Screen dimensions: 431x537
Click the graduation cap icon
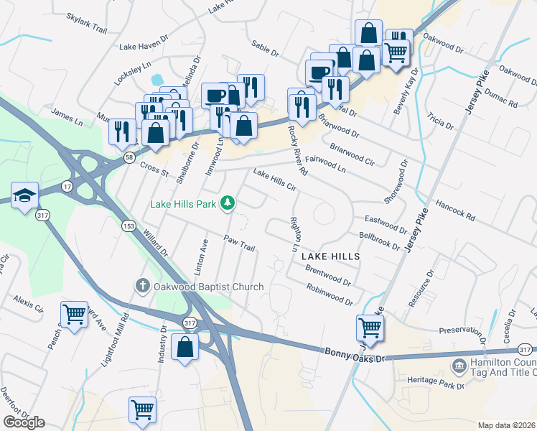(x=24, y=195)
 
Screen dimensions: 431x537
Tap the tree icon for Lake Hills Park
(x=228, y=204)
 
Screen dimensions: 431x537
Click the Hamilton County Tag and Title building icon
(x=459, y=367)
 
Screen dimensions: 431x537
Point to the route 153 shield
(x=128, y=226)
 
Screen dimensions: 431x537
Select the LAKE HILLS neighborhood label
(x=330, y=256)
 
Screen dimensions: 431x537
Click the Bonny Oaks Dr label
(x=355, y=355)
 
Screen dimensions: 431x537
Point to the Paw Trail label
(x=239, y=244)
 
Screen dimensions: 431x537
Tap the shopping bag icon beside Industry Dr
(x=185, y=348)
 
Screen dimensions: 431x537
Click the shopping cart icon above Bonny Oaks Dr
(x=370, y=328)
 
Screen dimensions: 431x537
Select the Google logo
(x=24, y=422)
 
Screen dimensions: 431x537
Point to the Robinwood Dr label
(x=329, y=294)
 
